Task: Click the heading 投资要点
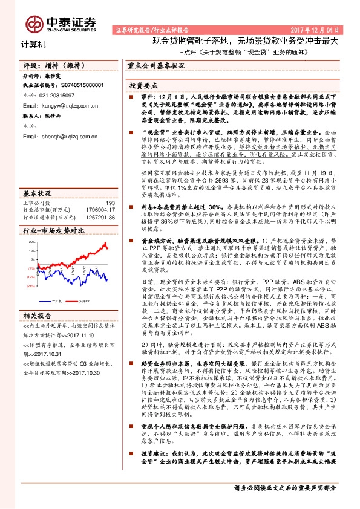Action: pyautogui.click(x=145, y=86)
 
